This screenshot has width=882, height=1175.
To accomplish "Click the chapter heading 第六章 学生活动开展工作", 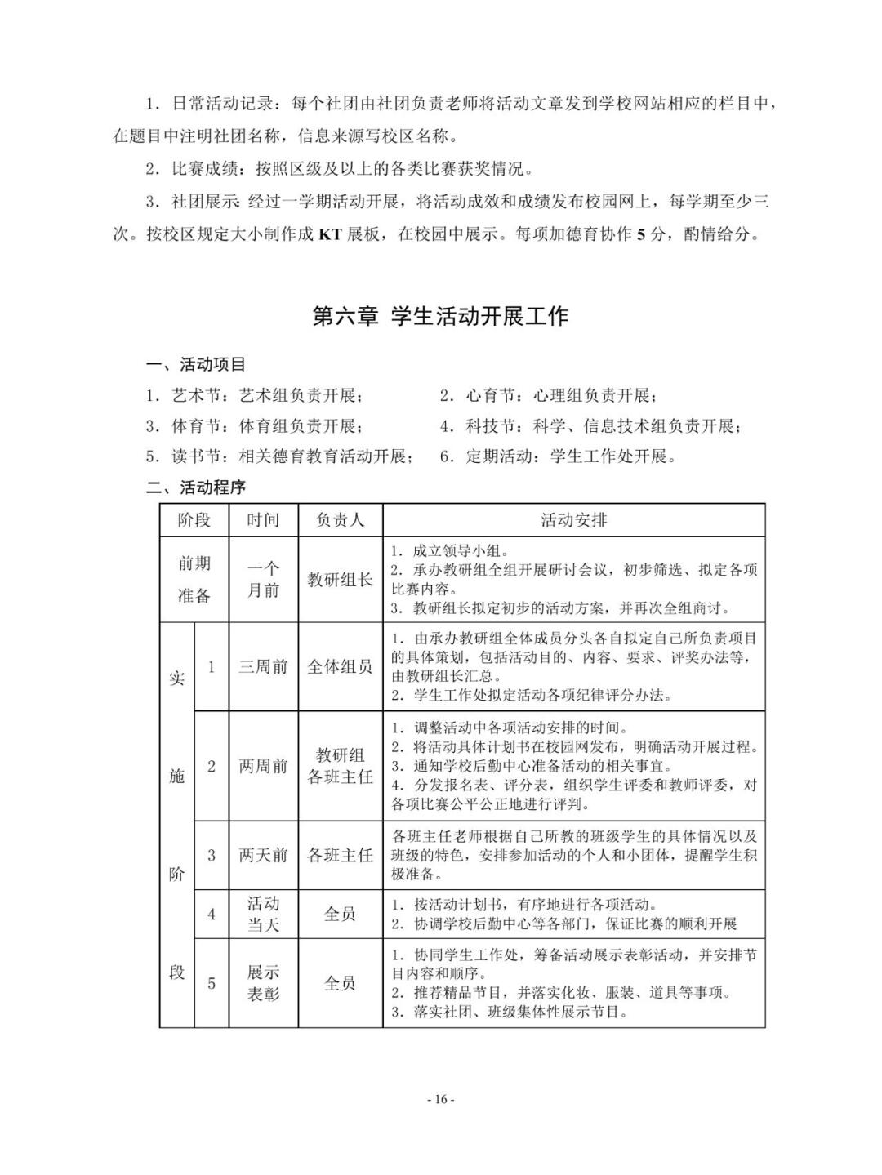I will pos(440,317).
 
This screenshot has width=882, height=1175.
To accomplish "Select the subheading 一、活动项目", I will pos(195,364).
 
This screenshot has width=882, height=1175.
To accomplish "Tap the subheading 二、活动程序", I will pos(195,487).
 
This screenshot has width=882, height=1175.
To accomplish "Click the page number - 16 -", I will pos(440,1099).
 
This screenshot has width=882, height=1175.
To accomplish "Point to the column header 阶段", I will pos(194,519).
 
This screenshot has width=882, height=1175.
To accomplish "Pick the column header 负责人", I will pos(340,519).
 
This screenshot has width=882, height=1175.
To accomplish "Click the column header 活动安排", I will pos(573,519).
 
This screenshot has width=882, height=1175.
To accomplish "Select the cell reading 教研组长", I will pos(340,579).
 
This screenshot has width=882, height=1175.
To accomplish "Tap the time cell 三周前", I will pos(263,666).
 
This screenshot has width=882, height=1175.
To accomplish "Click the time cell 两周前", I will pos(263,766).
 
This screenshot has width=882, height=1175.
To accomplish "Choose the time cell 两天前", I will pos(263,855).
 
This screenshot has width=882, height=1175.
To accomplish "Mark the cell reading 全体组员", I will pos(340,666).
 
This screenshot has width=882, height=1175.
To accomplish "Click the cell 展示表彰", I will pos(263,983).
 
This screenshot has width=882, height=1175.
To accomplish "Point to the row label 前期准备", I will pos(194,579).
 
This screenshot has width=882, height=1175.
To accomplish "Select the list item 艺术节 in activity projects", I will pos(254,395).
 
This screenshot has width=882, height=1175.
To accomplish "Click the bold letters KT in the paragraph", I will pos(329,234).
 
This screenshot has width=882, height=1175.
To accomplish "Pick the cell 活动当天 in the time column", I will pos(263,914).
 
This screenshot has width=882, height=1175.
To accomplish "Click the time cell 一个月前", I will pos(263,579).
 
